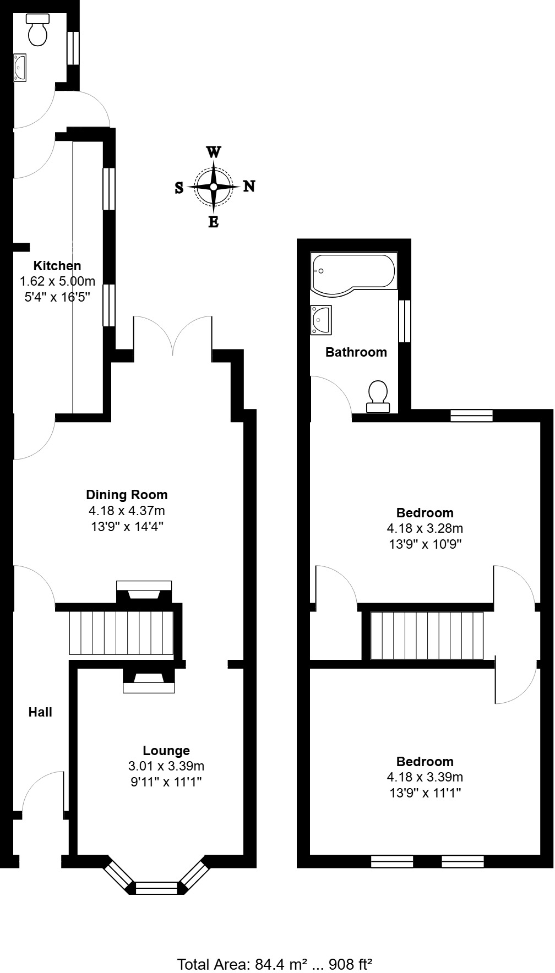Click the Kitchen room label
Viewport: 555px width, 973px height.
57,266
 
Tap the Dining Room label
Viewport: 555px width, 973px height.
127,495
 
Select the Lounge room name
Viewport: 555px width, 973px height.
166,751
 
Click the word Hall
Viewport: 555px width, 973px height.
40,712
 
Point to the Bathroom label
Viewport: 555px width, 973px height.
356,352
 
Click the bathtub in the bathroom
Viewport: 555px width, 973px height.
352,272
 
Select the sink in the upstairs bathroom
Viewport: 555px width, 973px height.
320,319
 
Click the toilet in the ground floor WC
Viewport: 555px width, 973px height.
38,31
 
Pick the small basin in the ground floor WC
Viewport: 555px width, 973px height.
20,67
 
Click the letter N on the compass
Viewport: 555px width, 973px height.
249,186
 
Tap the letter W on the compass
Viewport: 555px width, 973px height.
214,152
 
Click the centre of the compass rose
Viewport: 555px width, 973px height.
214,187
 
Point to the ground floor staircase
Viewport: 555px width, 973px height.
121,632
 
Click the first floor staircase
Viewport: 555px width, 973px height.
427,635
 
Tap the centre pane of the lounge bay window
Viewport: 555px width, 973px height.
157,887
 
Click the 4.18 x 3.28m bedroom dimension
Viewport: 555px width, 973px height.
425,529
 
